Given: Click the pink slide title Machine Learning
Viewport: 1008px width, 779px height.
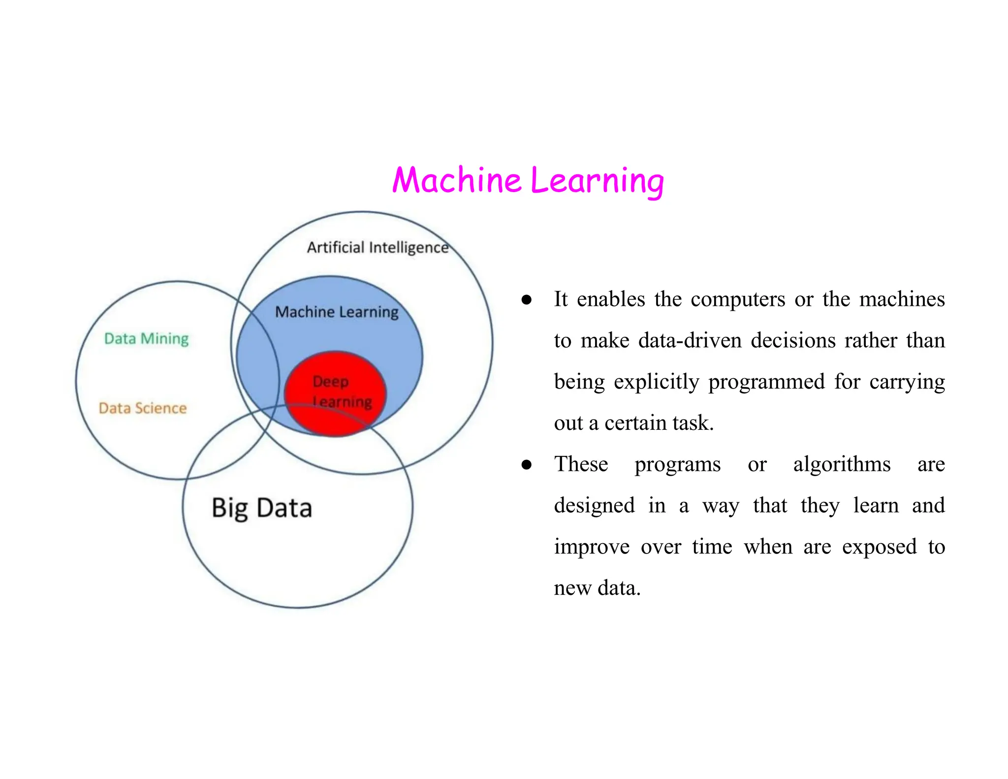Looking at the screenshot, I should [x=528, y=180].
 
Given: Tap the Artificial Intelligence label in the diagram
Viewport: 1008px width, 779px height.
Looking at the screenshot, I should [x=378, y=247].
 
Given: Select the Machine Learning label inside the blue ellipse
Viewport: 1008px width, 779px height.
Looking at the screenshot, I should [x=337, y=312].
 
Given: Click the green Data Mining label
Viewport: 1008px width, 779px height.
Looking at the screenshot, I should [x=146, y=339].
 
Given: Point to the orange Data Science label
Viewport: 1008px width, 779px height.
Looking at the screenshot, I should [x=143, y=408].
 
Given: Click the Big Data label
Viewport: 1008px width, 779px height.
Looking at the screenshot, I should [x=262, y=508].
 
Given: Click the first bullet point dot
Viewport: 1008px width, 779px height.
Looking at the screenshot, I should [x=527, y=300].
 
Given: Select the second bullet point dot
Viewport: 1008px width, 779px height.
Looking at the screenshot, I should [x=527, y=465].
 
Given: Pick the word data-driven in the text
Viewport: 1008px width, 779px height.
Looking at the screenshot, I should [x=690, y=341].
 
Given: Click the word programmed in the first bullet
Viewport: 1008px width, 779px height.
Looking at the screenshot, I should [x=766, y=382].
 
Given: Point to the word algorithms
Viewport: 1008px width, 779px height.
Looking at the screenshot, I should [x=842, y=464].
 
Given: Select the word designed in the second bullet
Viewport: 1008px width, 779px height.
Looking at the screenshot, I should [x=594, y=506].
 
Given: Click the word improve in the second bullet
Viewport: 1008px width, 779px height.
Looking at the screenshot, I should [x=592, y=547].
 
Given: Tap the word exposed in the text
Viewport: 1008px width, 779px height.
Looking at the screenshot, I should [x=879, y=547].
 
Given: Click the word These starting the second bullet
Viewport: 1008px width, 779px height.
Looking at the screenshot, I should [x=581, y=464].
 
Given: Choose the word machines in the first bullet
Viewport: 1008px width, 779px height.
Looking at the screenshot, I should [x=902, y=299].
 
